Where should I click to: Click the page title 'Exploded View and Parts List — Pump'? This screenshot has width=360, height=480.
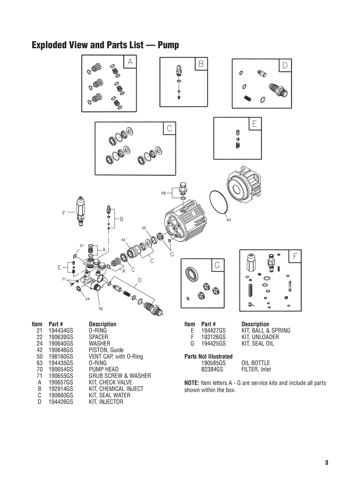[105, 45]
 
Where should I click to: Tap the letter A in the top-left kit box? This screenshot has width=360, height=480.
[130, 62]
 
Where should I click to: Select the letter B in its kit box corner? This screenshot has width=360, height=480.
[201, 64]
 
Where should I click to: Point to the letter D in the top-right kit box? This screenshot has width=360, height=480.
[285, 65]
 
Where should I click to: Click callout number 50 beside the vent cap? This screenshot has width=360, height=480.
[163, 193]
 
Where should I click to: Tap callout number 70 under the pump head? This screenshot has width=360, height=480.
[101, 308]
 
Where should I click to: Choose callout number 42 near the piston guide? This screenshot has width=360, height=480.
[124, 240]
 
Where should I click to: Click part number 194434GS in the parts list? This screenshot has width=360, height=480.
[60, 331]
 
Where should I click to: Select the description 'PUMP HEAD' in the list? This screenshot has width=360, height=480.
[103, 370]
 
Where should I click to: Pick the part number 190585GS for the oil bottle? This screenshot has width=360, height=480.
[213, 363]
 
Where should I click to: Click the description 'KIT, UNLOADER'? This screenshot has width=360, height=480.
[260, 337]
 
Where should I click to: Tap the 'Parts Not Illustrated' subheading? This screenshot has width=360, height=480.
[208, 356]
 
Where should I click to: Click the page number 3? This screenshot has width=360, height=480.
[326, 463]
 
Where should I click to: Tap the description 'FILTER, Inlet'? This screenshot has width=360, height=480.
[256, 370]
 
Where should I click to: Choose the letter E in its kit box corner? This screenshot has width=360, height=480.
[254, 124]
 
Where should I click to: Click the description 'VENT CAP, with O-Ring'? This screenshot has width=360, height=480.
[116, 356]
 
